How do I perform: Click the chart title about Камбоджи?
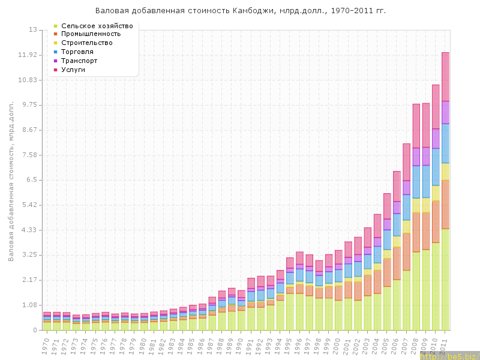click(240, 11)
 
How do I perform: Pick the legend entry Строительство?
click(86, 43)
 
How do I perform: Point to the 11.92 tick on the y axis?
click(28, 55)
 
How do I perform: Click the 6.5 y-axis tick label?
click(31, 180)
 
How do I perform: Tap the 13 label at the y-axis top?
click(33, 30)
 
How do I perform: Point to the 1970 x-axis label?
click(46, 345)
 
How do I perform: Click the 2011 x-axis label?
click(444, 345)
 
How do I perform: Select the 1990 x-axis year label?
click(241, 345)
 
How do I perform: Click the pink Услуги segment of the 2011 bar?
click(446, 77)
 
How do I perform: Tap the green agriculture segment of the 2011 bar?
click(446, 279)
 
